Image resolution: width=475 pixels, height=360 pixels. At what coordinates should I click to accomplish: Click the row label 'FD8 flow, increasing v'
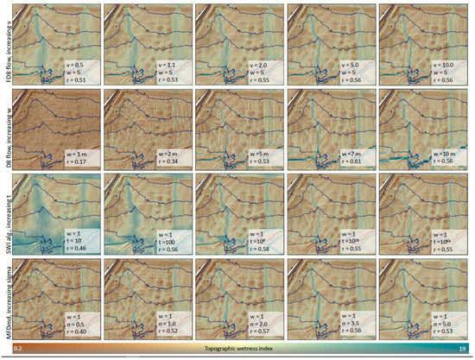[6, 44]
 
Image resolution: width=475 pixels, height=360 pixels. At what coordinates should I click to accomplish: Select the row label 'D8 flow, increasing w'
[6, 128]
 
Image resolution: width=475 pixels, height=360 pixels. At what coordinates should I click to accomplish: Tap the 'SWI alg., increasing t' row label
[6, 211]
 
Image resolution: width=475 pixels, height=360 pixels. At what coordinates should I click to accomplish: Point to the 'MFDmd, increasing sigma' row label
[6, 294]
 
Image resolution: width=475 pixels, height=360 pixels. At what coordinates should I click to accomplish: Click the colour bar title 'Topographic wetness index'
[237, 349]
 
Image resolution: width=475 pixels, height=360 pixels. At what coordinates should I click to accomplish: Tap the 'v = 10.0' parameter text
[441, 63]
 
